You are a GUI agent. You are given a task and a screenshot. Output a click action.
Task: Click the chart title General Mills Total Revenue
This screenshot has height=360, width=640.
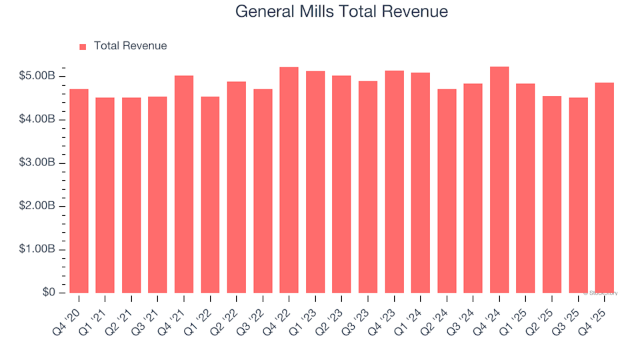coord(342,12)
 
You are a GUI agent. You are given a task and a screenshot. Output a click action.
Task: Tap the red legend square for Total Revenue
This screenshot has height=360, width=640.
coord(83,47)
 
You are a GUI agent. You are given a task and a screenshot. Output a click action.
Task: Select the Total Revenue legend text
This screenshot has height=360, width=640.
coord(130,46)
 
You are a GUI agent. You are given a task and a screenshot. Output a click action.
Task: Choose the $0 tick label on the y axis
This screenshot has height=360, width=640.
coord(47,293)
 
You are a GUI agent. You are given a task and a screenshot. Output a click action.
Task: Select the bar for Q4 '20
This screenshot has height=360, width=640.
coord(79,191)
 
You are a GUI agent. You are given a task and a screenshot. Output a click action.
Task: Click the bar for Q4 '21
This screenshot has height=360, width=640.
coord(184,184)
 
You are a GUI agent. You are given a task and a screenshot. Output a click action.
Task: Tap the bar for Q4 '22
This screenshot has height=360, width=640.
coord(289,180)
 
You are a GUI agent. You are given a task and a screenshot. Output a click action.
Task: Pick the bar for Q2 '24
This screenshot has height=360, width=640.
coord(447,191)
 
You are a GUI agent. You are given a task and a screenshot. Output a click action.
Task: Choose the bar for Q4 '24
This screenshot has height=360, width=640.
coord(499,180)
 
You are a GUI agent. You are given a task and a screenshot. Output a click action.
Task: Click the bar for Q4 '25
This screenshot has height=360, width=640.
coord(605,187)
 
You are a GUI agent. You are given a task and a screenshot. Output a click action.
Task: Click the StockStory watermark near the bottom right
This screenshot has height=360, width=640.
coord(601,293)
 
